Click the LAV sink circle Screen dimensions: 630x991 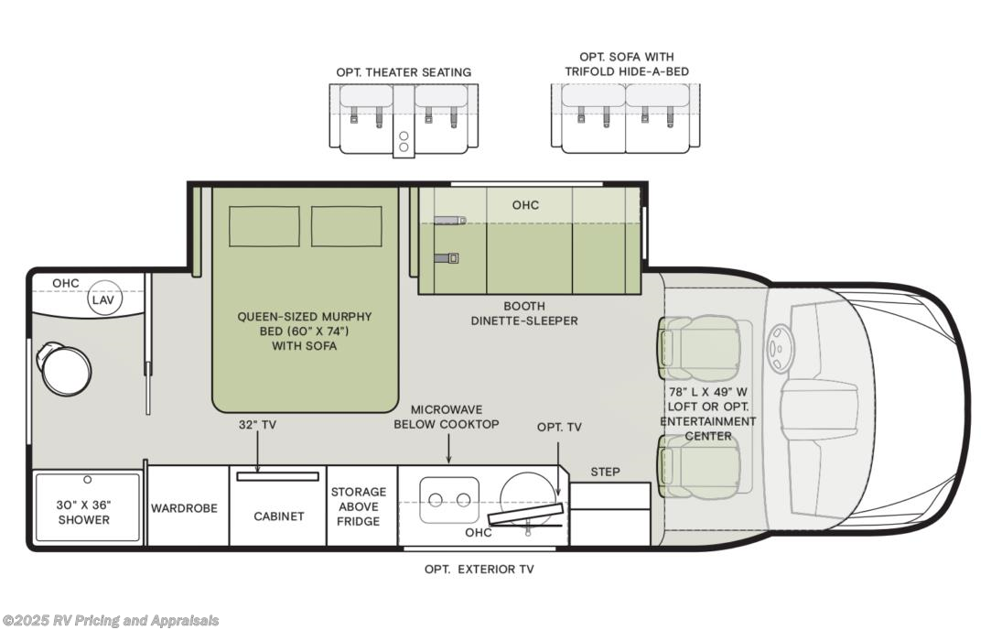(x=105, y=299)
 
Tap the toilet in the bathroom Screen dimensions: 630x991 (x=64, y=369)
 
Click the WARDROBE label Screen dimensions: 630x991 (x=184, y=507)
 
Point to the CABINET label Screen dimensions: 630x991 (x=279, y=516)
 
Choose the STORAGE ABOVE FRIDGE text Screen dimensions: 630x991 (x=359, y=506)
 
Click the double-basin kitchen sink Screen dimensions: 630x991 (x=449, y=499)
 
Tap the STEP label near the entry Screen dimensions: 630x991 (x=605, y=472)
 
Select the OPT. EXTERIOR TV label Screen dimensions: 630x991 (x=479, y=569)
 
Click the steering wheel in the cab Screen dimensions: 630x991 (x=781, y=348)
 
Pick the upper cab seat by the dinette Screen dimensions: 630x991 (x=700, y=348)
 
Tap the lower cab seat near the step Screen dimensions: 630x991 (x=700, y=466)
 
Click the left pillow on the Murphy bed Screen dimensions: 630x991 (x=264, y=226)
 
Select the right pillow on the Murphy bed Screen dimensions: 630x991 (x=346, y=226)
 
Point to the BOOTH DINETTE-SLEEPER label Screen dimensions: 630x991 (x=524, y=313)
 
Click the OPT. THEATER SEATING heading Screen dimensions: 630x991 (x=404, y=71)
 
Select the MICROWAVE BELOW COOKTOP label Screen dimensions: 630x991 (x=447, y=417)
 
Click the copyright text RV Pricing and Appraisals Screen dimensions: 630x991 (x=111, y=621)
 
